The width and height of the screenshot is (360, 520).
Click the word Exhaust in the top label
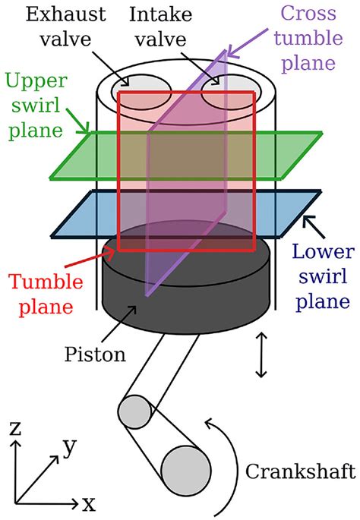coord(65,14)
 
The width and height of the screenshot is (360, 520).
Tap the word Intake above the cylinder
coord(160,14)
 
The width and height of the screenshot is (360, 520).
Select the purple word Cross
coord(308,13)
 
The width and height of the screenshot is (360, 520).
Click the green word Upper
coord(36,81)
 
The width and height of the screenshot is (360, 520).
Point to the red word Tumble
coord(46,282)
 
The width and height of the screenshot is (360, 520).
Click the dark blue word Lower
coord(324,251)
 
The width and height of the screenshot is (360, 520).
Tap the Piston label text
coord(95,354)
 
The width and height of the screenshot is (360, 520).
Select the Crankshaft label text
coord(300,471)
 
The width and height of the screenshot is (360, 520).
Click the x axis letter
coord(89,504)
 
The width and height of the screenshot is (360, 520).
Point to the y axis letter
coord(70,448)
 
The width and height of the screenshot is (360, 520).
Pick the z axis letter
coord(14,428)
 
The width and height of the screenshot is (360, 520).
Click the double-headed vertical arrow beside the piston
coord(261,355)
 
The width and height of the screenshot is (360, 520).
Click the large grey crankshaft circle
coord(186,471)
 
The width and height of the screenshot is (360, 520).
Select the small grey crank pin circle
coord(134,411)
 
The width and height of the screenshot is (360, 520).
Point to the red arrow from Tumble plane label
coord(90,258)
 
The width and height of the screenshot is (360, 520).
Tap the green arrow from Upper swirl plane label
coord(77,121)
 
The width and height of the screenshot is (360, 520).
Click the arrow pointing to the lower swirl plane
coord(314,227)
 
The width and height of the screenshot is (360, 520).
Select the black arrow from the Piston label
coord(118,324)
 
